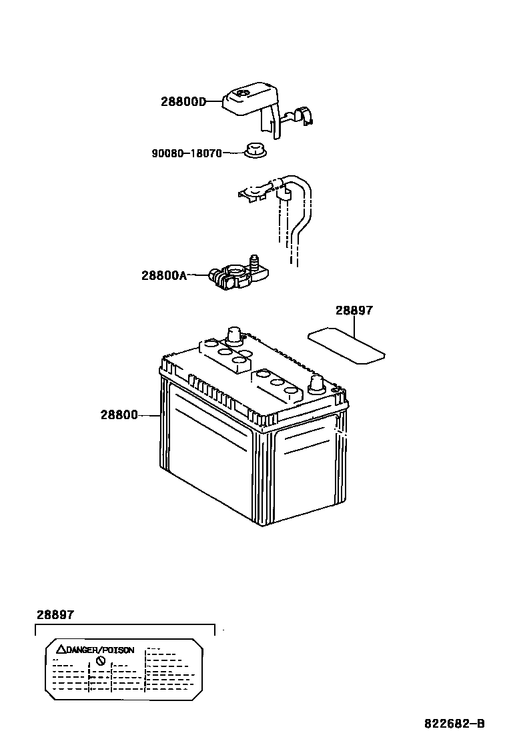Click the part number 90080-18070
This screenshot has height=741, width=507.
point(186,153)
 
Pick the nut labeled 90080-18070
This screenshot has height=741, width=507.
point(253,151)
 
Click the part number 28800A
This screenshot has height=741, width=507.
point(163,275)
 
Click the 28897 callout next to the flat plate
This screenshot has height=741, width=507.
point(354,311)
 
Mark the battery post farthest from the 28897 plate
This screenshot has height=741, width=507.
point(233,335)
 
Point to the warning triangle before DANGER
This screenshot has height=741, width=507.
point(60,649)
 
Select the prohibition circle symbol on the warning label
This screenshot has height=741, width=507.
point(101,660)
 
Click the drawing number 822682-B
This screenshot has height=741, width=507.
point(454,724)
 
